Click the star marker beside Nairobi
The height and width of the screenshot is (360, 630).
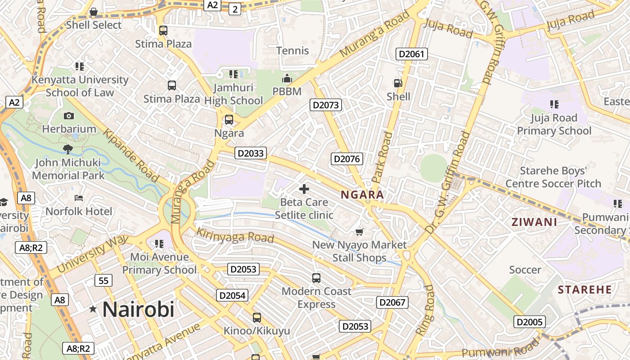click(93, 309)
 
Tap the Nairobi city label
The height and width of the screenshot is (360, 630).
click(138, 310)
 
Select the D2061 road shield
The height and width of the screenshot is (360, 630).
click(411, 54)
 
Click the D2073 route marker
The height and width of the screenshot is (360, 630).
click(326, 105)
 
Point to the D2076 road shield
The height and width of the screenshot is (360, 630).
click(347, 158)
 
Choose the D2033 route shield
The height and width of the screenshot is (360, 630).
click(251, 153)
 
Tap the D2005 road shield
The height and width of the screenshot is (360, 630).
click(530, 322)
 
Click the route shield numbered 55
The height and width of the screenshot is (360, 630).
click(103, 281)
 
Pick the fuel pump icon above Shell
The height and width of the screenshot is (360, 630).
click(398, 83)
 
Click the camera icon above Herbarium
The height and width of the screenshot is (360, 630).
click(69, 116)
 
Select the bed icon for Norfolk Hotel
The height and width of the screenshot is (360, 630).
click(79, 198)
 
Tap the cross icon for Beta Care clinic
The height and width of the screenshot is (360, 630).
click(304, 189)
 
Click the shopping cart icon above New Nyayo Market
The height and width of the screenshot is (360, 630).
click(359, 232)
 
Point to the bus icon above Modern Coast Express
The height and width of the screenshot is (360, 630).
click(316, 278)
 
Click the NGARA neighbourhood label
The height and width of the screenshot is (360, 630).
click(362, 195)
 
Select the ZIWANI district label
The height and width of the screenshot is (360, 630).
click(534, 222)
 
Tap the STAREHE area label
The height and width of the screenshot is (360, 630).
click(585, 289)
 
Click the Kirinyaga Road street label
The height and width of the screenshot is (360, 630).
click(235, 235)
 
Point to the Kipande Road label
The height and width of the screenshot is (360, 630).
click(131, 156)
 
